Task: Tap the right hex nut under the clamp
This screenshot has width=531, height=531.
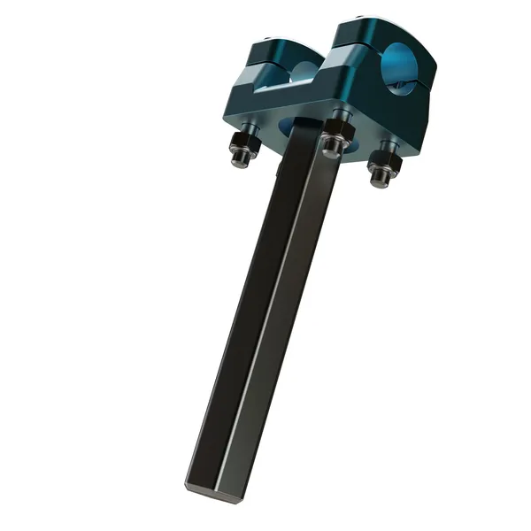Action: click(382, 159)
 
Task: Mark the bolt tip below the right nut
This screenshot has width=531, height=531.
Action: click(380, 179)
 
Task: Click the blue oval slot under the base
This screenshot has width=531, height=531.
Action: click(354, 142)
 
